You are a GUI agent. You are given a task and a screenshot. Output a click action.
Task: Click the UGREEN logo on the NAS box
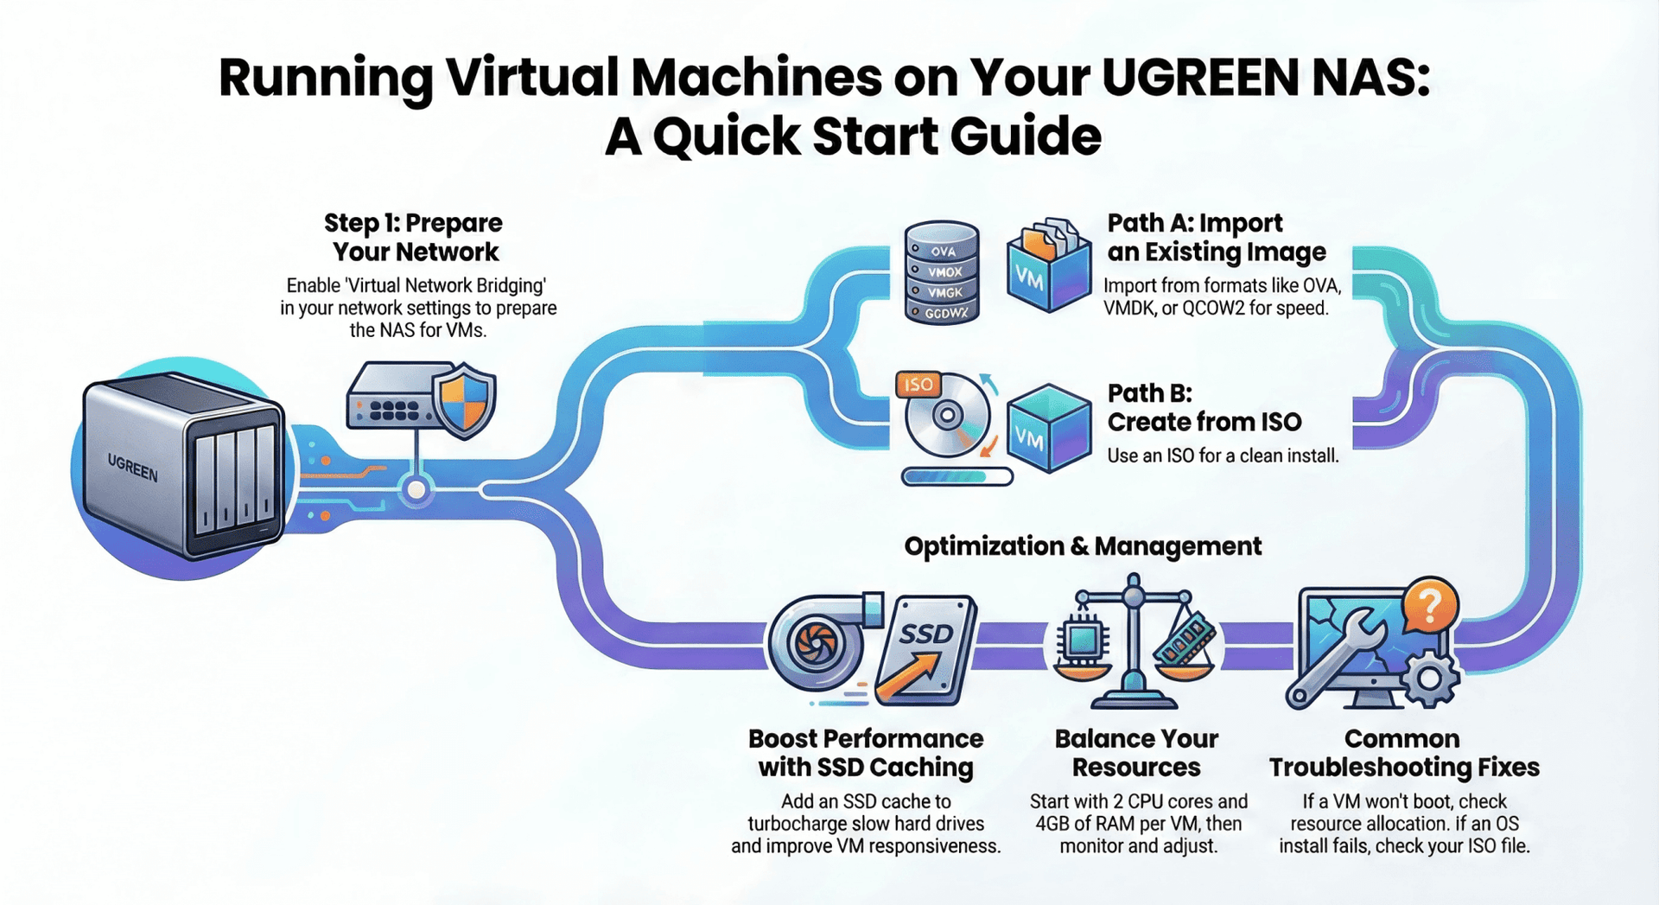click(132, 468)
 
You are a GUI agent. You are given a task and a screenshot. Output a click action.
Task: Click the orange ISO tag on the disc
click(918, 385)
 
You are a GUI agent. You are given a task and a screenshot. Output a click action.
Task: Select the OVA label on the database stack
click(943, 251)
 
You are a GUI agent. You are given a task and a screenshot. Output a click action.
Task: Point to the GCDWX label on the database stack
click(946, 313)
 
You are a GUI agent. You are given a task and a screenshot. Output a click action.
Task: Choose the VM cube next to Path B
click(1048, 430)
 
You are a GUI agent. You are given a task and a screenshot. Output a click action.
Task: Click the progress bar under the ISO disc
click(957, 476)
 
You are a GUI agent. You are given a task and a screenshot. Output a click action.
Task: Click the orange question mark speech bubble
click(1430, 605)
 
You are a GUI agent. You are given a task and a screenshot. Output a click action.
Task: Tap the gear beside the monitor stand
click(1431, 679)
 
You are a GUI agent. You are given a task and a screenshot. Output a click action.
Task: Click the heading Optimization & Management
click(1082, 546)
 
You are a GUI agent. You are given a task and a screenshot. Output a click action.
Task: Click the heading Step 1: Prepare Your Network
click(414, 237)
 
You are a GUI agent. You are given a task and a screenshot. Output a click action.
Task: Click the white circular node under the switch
click(416, 490)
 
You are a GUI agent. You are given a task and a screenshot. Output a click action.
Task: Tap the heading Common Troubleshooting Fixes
click(1403, 753)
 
